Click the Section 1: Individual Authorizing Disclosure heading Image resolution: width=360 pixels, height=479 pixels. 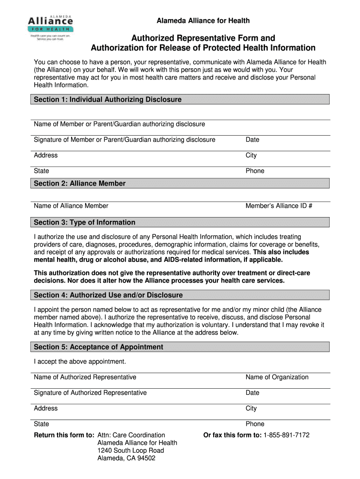108,100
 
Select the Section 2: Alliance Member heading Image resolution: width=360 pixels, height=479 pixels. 79,183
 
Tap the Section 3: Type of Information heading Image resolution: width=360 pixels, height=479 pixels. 85,222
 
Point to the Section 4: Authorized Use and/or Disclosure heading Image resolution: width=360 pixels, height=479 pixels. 108,295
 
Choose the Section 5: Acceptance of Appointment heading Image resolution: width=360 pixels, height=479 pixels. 99,347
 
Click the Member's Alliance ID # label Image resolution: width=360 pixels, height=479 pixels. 279,206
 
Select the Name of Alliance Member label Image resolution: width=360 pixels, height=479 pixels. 71,206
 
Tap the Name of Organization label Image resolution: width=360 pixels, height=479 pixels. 277,377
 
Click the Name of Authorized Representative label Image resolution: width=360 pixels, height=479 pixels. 85,377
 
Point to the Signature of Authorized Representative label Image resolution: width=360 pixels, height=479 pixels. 90,392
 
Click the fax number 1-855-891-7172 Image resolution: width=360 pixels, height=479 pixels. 286,435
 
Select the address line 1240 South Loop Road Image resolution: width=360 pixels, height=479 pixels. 130,450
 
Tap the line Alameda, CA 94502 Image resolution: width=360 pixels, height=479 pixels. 126,458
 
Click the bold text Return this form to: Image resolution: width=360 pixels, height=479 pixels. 65,435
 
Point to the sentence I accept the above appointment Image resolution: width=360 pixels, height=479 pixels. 80,362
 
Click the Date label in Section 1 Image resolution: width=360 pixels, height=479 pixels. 252,139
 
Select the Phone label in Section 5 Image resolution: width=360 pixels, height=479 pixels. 255,424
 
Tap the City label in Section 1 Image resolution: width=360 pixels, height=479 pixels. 251,155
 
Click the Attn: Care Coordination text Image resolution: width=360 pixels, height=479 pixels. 131,435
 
